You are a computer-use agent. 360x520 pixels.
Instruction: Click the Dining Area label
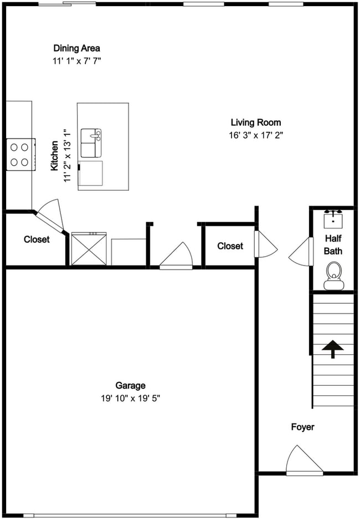(76, 48)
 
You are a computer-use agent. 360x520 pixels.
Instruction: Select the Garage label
(130, 385)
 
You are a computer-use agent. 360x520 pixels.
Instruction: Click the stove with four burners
(20, 155)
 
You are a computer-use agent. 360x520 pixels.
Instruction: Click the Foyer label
(303, 427)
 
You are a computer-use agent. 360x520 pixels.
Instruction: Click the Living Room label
(256, 123)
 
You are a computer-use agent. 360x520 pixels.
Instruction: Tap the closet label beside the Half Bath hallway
(230, 246)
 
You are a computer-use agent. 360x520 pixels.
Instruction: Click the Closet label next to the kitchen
(37, 239)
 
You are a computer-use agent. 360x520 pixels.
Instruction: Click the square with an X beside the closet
(89, 249)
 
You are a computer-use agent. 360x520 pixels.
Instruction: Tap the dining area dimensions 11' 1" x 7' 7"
(76, 60)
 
